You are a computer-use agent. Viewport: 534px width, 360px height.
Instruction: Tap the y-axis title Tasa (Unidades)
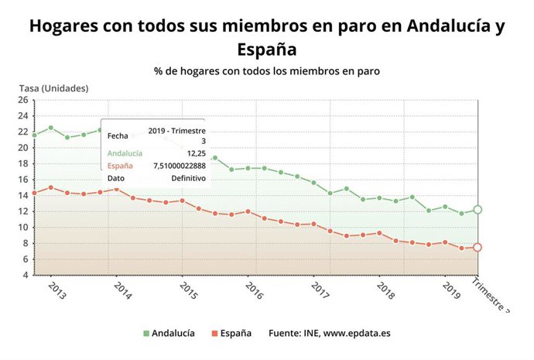pyautogui.click(x=53, y=88)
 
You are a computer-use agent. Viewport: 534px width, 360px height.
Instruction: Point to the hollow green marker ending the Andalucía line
pyautogui.click(x=478, y=210)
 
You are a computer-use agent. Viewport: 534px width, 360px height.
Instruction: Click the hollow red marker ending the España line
pyautogui.click(x=478, y=248)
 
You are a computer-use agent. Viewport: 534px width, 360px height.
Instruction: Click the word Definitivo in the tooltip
pyautogui.click(x=188, y=178)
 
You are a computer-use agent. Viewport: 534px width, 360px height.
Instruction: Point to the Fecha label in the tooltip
pyautogui.click(x=118, y=135)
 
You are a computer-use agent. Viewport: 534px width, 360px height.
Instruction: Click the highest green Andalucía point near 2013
pyautogui.click(x=51, y=128)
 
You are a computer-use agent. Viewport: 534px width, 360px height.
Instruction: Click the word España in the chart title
pyautogui.click(x=267, y=50)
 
